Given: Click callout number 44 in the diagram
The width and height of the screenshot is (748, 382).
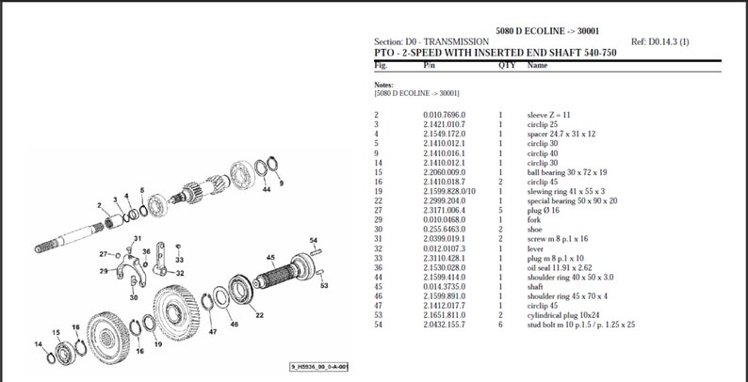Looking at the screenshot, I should pyautogui.click(x=267, y=190).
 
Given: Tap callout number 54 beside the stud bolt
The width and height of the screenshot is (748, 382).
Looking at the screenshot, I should pyautogui.click(x=314, y=241).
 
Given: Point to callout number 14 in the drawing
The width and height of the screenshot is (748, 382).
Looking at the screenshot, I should pyautogui.click(x=41, y=345).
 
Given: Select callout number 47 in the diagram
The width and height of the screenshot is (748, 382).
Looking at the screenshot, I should pyautogui.click(x=214, y=332).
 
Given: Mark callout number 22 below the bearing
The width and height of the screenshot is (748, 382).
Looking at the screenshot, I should pyautogui.click(x=259, y=315).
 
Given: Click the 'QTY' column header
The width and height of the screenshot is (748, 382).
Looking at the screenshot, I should pyautogui.click(x=506, y=67).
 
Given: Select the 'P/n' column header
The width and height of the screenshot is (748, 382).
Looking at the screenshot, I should pyautogui.click(x=430, y=67).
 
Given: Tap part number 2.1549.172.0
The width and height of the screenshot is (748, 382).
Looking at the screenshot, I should pyautogui.click(x=445, y=133).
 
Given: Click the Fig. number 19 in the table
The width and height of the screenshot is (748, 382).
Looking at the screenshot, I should pyautogui.click(x=377, y=191).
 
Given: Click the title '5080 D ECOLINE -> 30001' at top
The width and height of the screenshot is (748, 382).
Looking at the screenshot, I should pyautogui.click(x=549, y=30).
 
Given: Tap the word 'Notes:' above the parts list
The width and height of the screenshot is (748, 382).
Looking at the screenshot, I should pyautogui.click(x=383, y=85).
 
